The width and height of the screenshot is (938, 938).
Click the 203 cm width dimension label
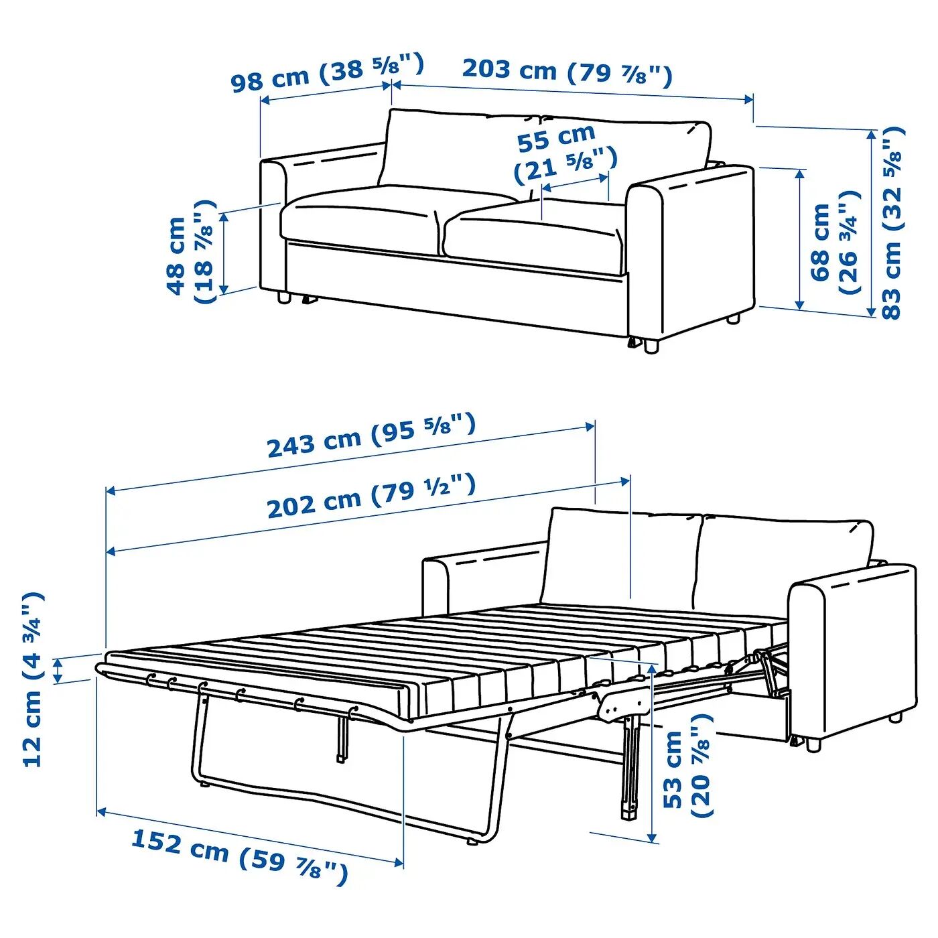coord(567,72)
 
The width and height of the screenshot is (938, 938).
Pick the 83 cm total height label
coord(892,223)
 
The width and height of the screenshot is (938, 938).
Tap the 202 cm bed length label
coord(371,496)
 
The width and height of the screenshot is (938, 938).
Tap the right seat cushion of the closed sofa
coord(535,238)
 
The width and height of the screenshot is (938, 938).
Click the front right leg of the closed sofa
coord(651,346)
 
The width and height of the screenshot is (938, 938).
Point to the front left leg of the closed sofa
coord(283,298)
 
